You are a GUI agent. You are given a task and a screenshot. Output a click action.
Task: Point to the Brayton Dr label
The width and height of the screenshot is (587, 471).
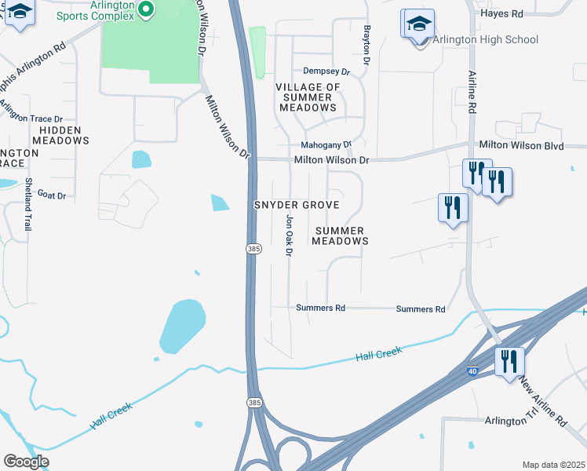366,45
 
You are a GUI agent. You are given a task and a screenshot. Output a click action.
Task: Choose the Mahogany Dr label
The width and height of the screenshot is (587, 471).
326,145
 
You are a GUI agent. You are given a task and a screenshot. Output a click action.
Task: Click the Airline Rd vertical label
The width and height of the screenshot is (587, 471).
472,91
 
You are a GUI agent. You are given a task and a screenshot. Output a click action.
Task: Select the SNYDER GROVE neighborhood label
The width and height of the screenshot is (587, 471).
297,205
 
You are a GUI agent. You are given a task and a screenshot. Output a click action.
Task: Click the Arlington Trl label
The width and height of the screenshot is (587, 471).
515,421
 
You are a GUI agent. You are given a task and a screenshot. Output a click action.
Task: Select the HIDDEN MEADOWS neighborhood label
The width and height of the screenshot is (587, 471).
64,135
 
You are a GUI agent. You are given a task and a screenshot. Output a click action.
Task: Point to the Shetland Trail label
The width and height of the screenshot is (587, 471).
27,203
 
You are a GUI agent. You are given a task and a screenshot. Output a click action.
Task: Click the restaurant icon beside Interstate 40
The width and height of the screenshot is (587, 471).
509,362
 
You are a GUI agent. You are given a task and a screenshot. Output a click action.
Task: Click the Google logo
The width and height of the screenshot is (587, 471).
26,462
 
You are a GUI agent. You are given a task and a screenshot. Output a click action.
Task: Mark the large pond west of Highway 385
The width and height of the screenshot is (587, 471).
184,325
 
